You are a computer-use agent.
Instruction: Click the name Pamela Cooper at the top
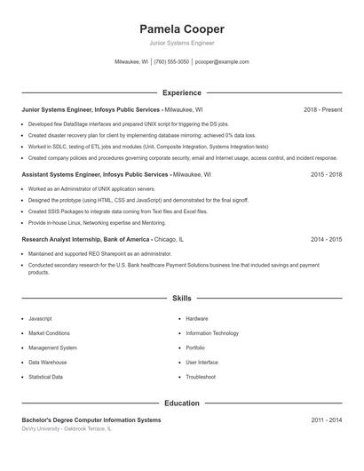(x=182, y=29)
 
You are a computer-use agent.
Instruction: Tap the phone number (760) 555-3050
(x=171, y=62)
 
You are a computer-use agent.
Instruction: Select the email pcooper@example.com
(x=222, y=62)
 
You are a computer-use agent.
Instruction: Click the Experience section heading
(x=182, y=92)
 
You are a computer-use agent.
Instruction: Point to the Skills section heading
(x=182, y=299)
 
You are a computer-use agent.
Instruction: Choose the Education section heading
(x=182, y=403)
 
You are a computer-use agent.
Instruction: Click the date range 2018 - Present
(x=322, y=109)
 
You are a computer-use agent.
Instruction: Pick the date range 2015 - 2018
(x=326, y=175)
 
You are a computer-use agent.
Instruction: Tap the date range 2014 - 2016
(x=326, y=239)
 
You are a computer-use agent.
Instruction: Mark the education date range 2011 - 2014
(x=326, y=419)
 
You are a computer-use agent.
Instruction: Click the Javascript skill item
(x=40, y=318)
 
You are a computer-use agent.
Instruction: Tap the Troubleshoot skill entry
(x=201, y=377)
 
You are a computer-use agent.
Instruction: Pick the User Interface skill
(x=202, y=363)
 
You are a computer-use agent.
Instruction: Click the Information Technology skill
(x=212, y=333)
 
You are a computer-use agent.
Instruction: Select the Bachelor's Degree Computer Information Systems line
(x=91, y=419)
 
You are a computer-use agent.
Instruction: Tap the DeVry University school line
(x=67, y=428)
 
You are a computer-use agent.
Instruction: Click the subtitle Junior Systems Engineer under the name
(x=182, y=43)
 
